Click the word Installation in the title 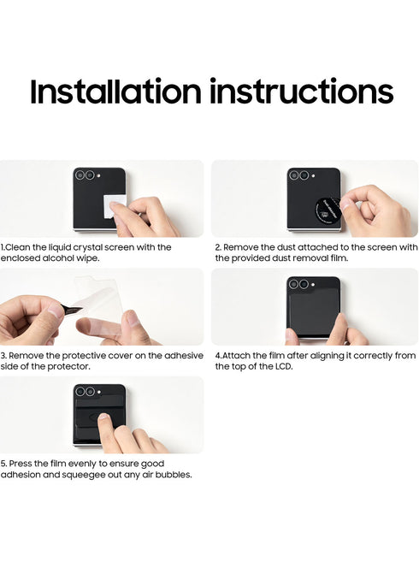115,91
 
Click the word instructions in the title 302,91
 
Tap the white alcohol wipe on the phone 115,206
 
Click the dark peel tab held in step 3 72,310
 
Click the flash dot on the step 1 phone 99,175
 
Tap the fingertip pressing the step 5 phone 103,417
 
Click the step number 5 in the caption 3,464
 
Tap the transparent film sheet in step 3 98,300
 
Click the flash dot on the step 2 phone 313,176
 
